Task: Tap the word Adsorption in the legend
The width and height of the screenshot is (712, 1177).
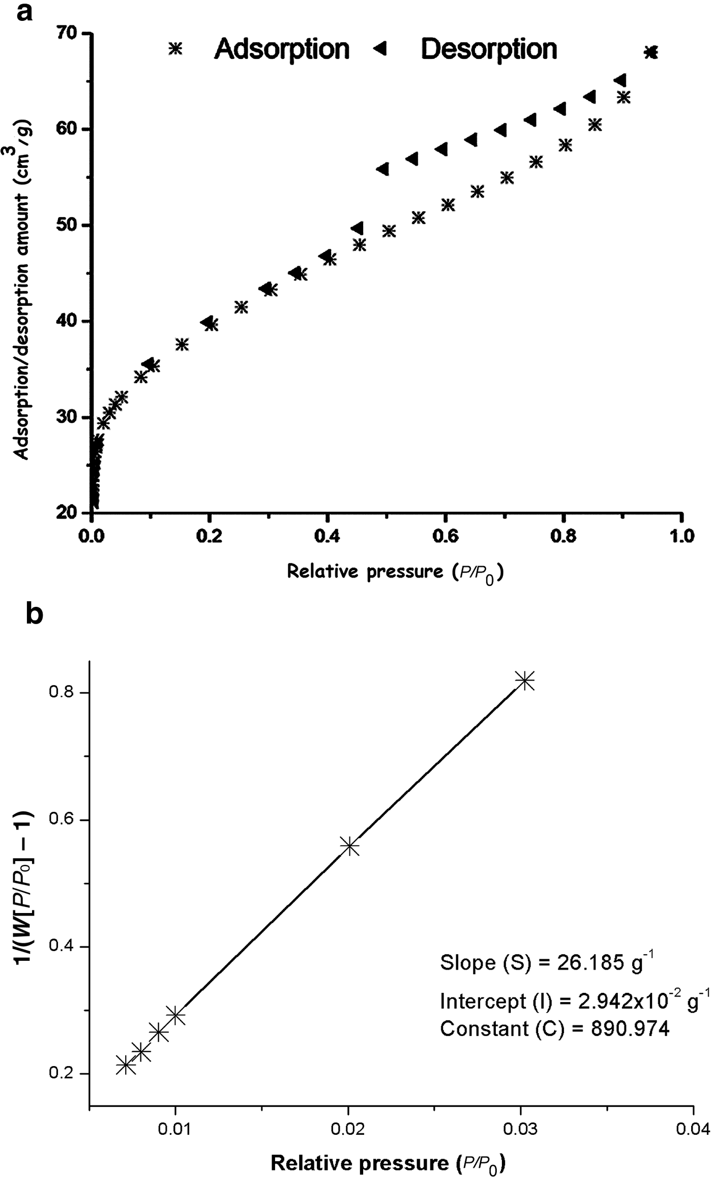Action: click(282, 49)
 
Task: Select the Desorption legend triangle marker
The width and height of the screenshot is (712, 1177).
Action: click(380, 49)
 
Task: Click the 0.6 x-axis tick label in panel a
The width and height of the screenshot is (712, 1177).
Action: click(445, 536)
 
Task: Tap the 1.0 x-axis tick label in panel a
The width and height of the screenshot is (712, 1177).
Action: click(681, 536)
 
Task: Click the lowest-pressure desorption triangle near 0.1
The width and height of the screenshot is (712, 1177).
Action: click(149, 364)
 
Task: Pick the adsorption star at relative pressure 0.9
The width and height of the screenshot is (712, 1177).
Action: click(624, 98)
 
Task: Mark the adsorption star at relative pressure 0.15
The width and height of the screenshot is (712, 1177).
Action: click(182, 345)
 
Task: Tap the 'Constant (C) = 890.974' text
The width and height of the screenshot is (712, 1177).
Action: click(554, 1028)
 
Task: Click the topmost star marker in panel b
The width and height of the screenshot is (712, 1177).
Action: click(525, 681)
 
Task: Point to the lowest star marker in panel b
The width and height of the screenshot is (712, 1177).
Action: click(126, 1065)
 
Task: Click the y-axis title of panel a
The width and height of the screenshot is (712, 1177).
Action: click(23, 290)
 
